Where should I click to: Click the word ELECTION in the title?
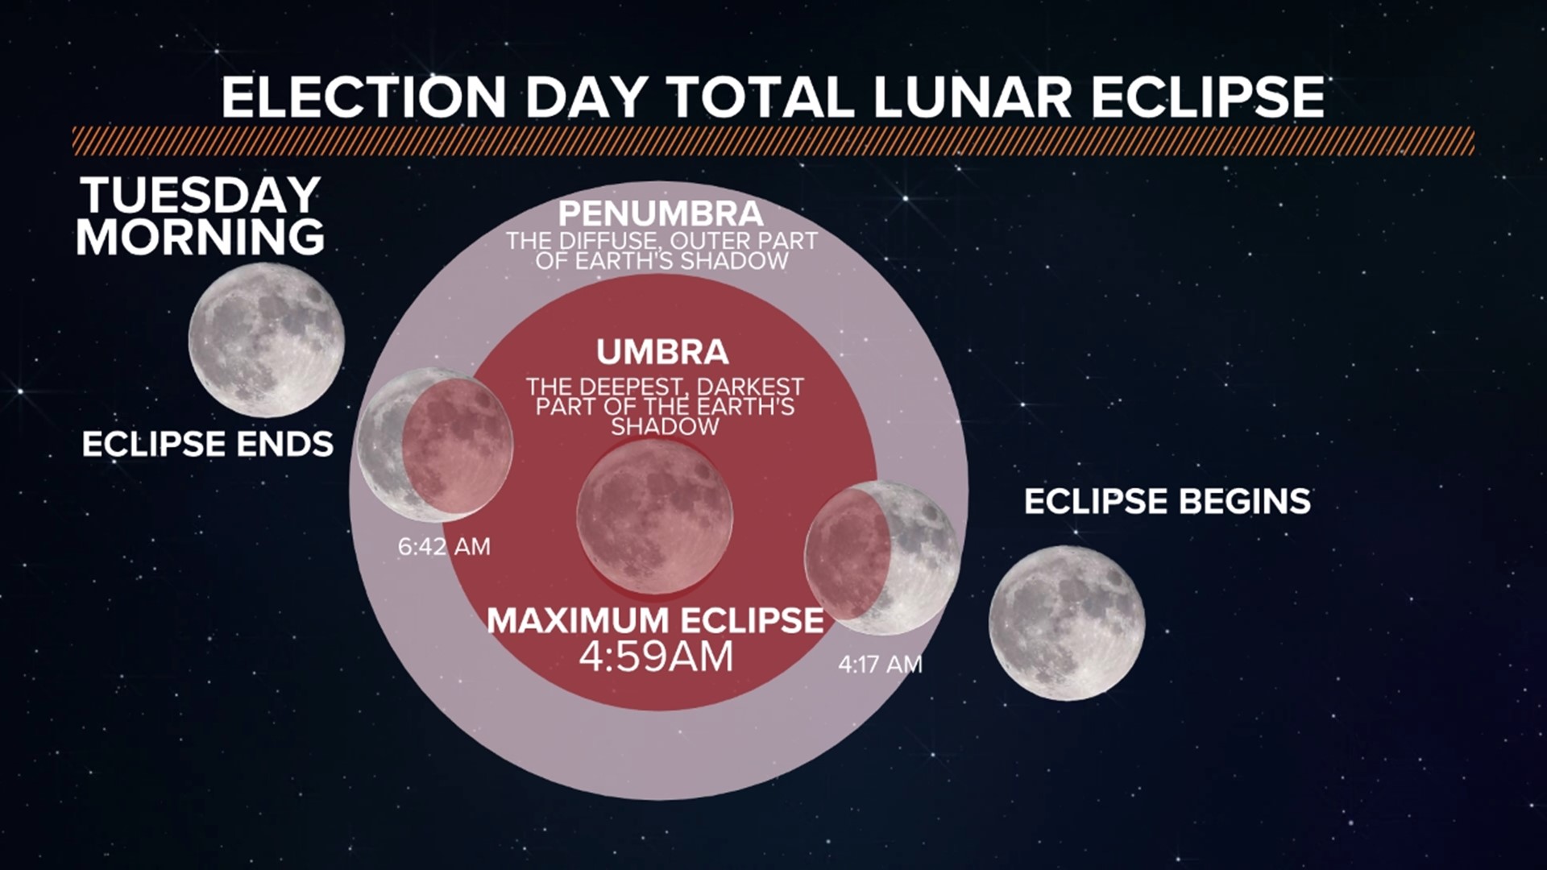pos(363,97)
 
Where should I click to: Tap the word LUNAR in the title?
pos(972,97)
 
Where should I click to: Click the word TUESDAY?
pos(201,196)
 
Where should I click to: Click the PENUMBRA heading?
pos(661,214)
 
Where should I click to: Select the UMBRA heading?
pos(662,352)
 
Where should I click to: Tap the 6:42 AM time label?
pos(444,547)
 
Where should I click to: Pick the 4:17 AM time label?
pos(880,665)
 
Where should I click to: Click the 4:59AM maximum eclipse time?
pos(656,657)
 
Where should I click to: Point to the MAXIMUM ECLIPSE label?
pos(655,620)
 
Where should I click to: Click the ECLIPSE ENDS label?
pos(208,444)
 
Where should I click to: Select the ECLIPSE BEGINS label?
pos(1167,501)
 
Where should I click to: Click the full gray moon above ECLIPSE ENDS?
pos(267,339)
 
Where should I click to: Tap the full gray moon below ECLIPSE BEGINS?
pos(1067,622)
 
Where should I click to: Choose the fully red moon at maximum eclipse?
pos(654,516)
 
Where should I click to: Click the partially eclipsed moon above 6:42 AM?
pos(435,444)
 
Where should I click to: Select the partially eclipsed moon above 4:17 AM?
pos(882,557)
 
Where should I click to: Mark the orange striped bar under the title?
pos(773,141)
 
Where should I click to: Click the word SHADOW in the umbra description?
pos(665,427)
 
